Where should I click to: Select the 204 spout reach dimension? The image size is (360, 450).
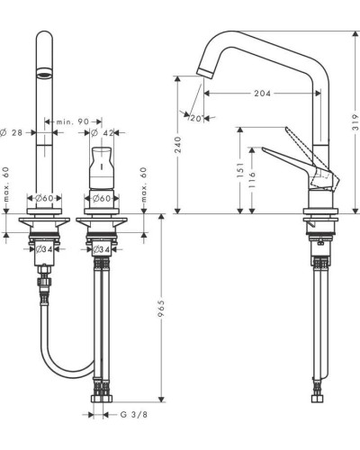[x=260, y=93]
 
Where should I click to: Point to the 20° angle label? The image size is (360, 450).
[x=193, y=115]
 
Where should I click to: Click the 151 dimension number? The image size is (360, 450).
[x=239, y=170]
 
